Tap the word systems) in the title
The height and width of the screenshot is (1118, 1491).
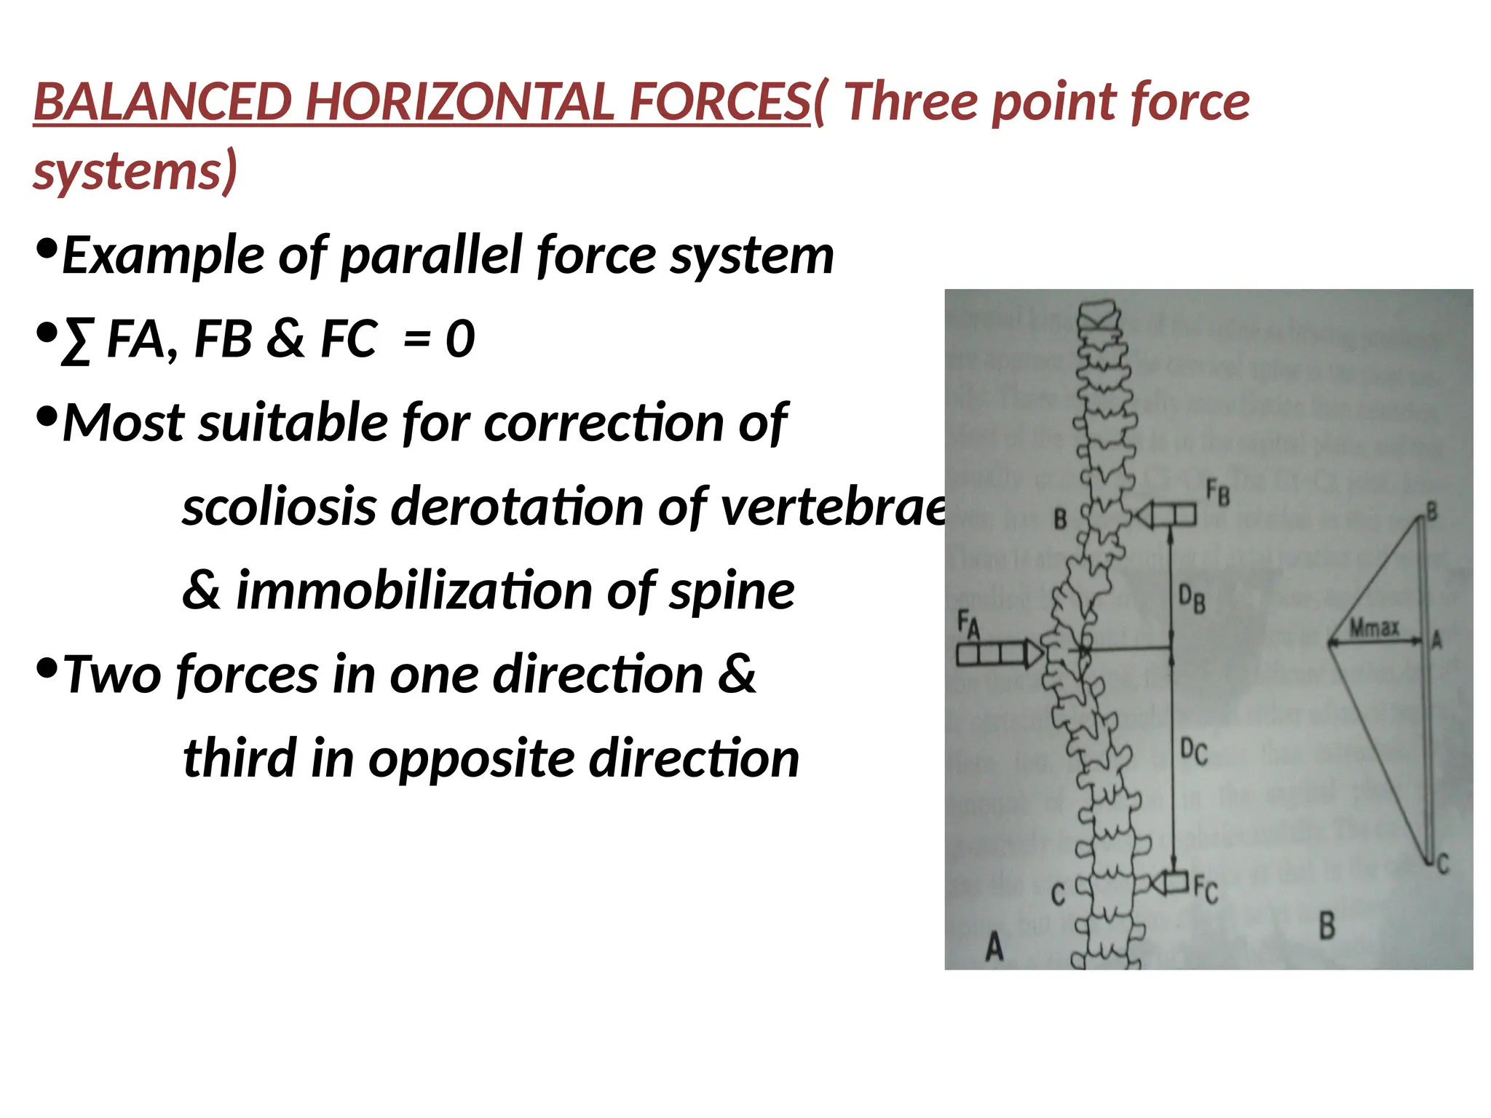(135, 171)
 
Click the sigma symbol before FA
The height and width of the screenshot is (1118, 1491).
(77, 341)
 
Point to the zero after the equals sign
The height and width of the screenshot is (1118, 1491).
(460, 339)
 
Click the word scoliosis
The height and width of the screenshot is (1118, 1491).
(279, 507)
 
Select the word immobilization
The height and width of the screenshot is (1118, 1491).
(414, 590)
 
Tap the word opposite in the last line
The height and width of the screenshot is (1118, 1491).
(470, 758)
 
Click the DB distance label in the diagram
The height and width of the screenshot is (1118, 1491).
(1193, 600)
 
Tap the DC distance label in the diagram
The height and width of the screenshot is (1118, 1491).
(1193, 750)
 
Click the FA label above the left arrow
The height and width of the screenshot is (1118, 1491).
(968, 625)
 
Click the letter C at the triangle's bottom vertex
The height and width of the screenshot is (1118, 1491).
(1443, 864)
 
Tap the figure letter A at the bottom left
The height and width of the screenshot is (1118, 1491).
(994, 946)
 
